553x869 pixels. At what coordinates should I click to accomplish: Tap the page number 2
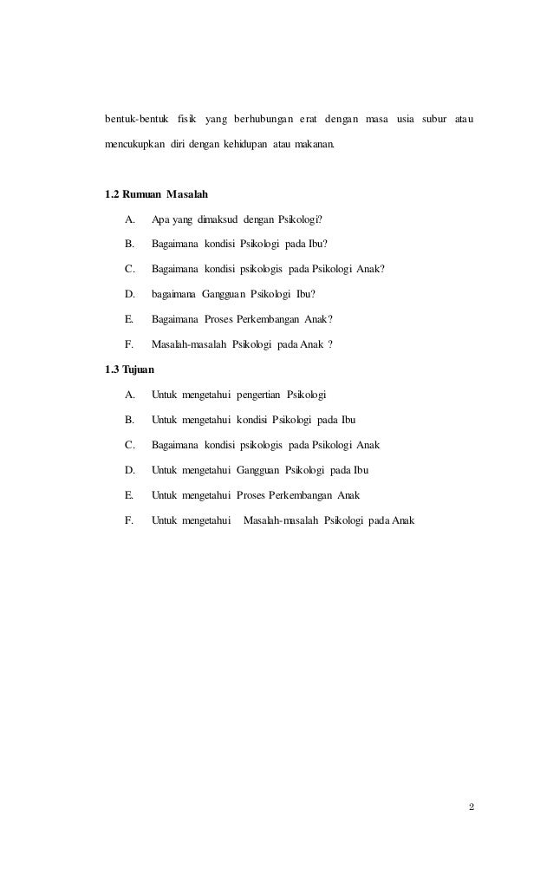(x=471, y=808)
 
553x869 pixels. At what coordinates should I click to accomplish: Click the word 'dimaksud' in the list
(x=224, y=219)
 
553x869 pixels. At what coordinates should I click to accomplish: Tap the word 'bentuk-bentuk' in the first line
(x=137, y=117)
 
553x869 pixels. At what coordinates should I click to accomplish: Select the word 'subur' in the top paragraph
(x=433, y=117)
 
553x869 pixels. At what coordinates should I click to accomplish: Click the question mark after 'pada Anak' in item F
(x=330, y=343)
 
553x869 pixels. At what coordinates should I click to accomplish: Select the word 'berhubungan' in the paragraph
(x=261, y=117)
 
